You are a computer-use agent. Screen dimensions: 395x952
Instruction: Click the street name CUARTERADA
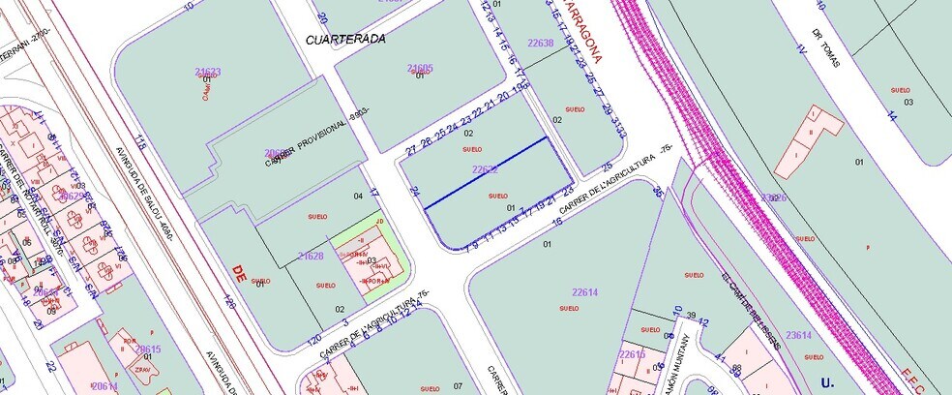point(345,40)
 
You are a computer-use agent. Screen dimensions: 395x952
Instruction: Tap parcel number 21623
point(207,72)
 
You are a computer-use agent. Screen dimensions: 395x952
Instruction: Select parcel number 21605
point(420,69)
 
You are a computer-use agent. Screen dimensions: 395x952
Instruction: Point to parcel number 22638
point(540,43)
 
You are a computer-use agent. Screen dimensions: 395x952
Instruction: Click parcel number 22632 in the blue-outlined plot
point(485,168)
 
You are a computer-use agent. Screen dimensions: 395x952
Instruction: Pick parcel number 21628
point(312,257)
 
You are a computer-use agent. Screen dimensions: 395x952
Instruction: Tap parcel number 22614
point(584,291)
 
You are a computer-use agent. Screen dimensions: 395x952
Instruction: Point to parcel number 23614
point(798,334)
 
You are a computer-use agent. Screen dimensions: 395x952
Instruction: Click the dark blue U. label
point(827,381)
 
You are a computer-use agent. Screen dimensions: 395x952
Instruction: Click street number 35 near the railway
point(659,193)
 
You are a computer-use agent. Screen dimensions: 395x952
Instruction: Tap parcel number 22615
point(632,354)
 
